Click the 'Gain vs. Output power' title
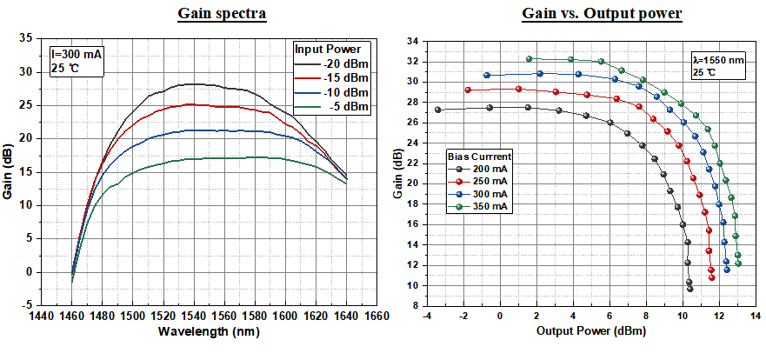(x=602, y=14)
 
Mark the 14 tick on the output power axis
(x=755, y=315)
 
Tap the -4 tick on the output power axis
(x=426, y=315)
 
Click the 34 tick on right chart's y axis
(x=413, y=41)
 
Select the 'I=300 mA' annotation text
(x=77, y=54)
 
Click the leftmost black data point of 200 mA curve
(x=437, y=110)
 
